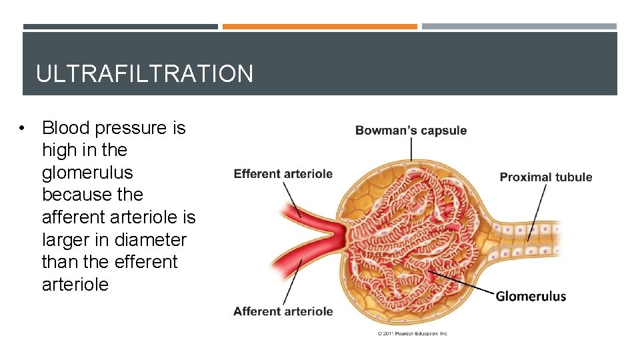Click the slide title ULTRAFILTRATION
pos(145,73)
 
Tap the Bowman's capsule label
pos(411,130)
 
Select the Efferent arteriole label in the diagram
pos(283,174)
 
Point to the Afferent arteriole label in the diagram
pos(283,311)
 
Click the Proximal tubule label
pos(546,177)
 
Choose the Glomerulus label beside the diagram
pos(531,296)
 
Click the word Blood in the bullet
pos(66,127)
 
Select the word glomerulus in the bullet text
pos(87,173)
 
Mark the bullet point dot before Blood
pos(23,128)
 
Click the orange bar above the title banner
pos(319,27)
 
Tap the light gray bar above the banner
pos(519,27)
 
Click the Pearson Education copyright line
pos(413,333)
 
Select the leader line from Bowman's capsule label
pos(411,149)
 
